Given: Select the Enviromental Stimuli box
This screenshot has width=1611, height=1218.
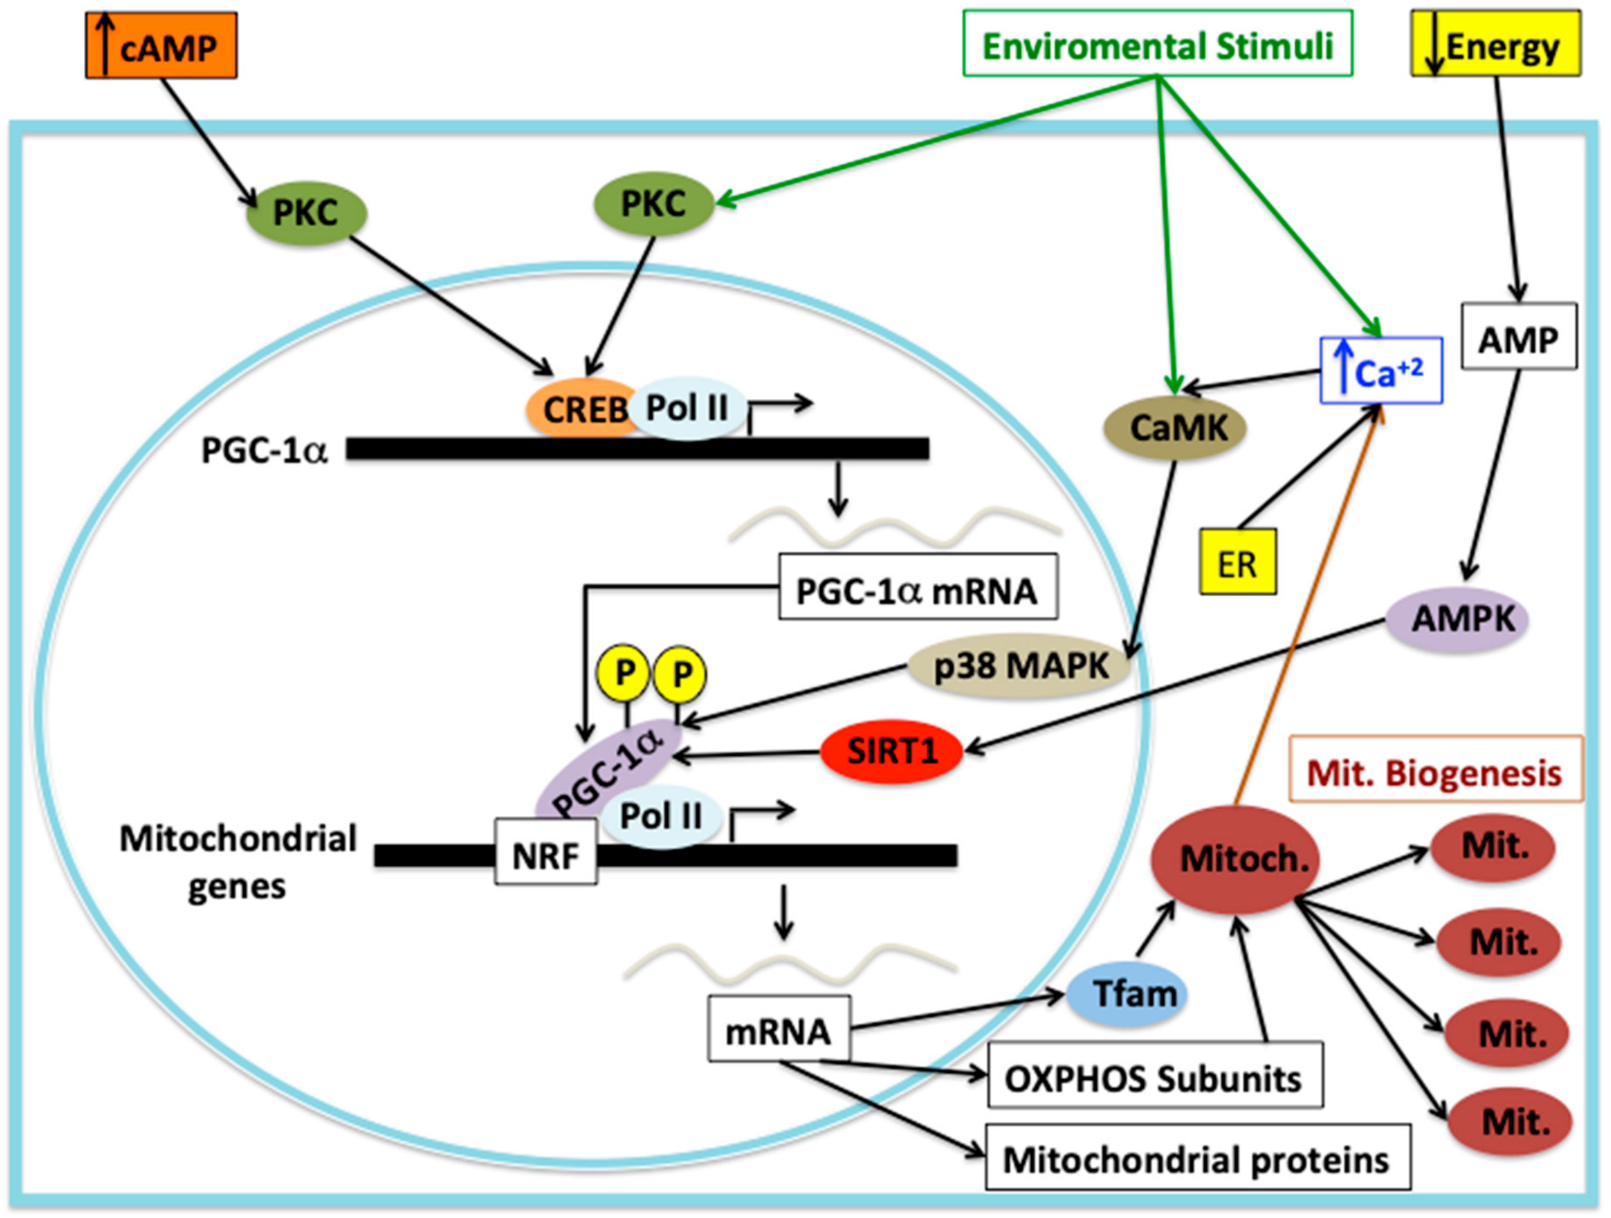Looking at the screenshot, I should click(1157, 44).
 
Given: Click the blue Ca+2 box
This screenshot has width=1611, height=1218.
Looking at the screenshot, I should click(1381, 370).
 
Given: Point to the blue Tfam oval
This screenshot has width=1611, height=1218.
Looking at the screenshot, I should click(1127, 994).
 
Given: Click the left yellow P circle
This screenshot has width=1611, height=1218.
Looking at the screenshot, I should click(623, 673).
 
